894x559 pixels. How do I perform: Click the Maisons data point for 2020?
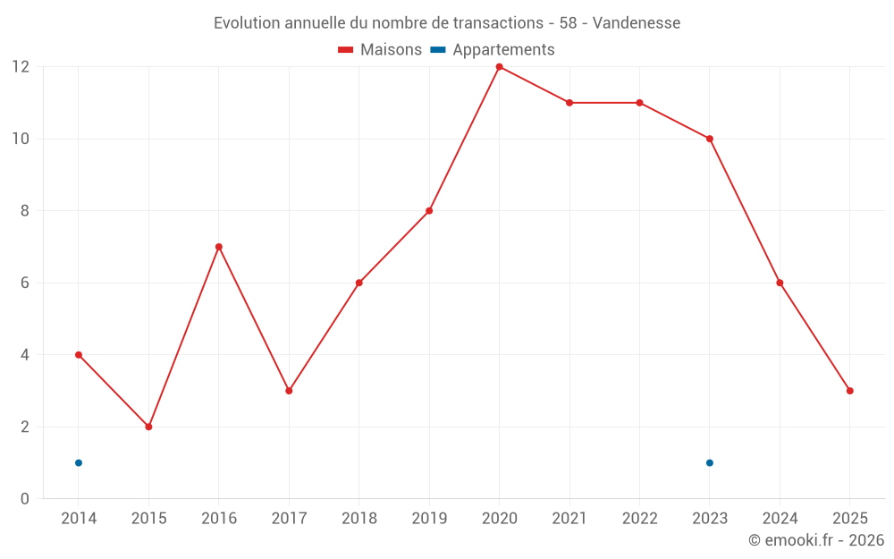pyautogui.click(x=499, y=67)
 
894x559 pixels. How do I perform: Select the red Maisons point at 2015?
pyautogui.click(x=148, y=427)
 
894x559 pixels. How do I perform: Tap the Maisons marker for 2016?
pyautogui.click(x=219, y=247)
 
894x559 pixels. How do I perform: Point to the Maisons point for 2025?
pyautogui.click(x=849, y=391)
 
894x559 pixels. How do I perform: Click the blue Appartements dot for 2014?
pyautogui.click(x=79, y=462)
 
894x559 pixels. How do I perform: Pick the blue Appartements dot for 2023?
pyautogui.click(x=709, y=462)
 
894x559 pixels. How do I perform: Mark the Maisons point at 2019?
pyautogui.click(x=429, y=211)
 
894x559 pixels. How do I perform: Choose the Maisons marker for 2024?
pyautogui.click(x=780, y=283)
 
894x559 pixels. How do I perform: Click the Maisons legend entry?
pyautogui.click(x=380, y=50)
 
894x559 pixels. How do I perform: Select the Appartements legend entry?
pyautogui.click(x=493, y=50)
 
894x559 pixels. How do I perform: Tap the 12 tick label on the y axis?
pyautogui.click(x=21, y=67)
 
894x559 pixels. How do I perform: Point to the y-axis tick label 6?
pyautogui.click(x=25, y=283)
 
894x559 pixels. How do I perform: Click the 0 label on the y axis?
pyautogui.click(x=25, y=498)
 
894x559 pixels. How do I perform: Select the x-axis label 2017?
pyautogui.click(x=289, y=518)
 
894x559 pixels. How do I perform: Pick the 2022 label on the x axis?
pyautogui.click(x=639, y=518)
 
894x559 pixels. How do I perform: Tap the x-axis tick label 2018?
pyautogui.click(x=358, y=518)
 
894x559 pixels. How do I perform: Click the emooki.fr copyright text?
pyautogui.click(x=816, y=539)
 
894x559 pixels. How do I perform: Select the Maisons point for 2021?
pyautogui.click(x=569, y=103)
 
